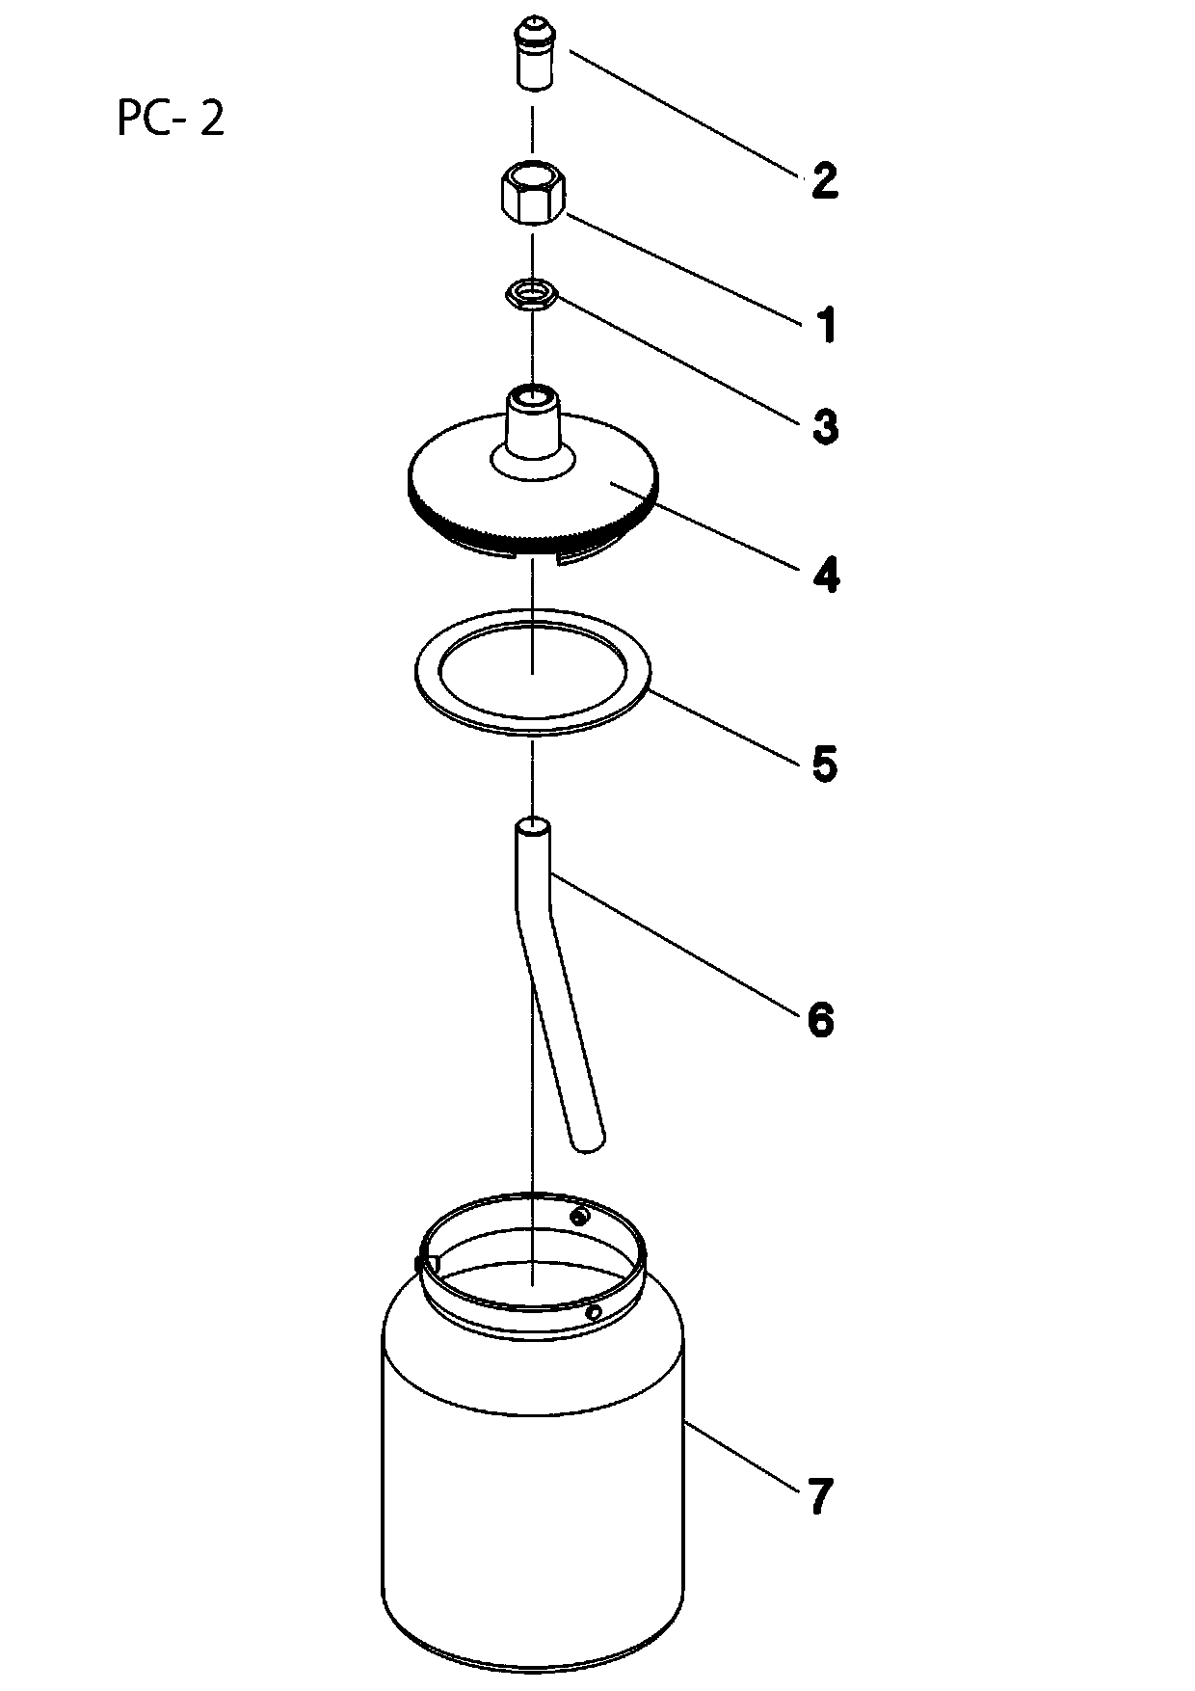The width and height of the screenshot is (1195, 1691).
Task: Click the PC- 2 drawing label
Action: click(171, 120)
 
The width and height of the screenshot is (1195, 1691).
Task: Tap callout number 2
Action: click(824, 181)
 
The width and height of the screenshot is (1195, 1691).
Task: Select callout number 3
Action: click(825, 426)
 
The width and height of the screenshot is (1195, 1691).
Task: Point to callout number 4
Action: click(825, 575)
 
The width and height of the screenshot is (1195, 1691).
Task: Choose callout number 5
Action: click(824, 764)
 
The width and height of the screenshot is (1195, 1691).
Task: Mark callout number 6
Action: click(820, 1019)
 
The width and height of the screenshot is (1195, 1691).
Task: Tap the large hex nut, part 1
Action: click(532, 194)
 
